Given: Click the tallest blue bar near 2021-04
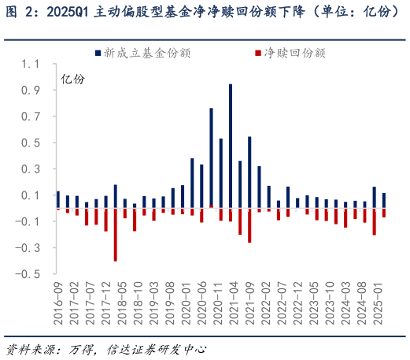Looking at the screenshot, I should (231, 146).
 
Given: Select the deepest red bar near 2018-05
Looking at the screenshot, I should (115, 235).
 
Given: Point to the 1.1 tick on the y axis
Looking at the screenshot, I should (31, 64).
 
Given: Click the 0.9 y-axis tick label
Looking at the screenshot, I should (31, 91).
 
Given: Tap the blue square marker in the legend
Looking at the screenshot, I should (97, 53).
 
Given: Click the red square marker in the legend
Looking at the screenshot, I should (259, 53).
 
